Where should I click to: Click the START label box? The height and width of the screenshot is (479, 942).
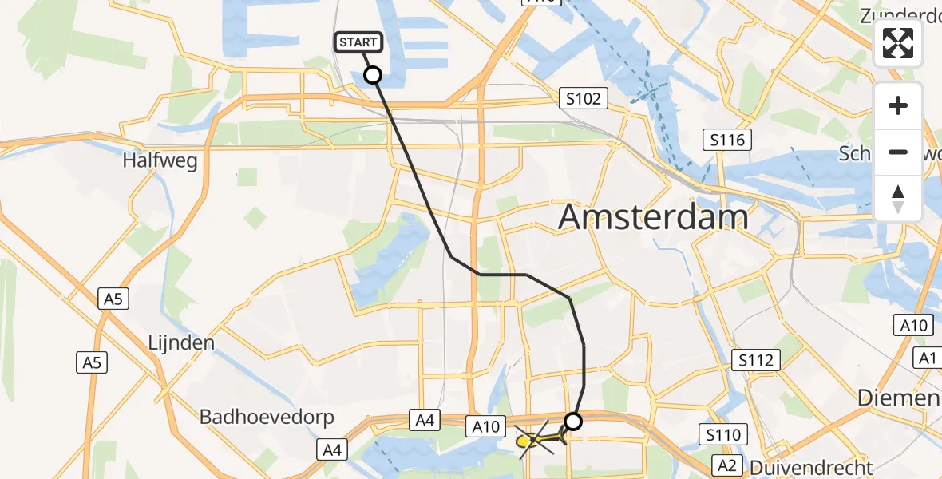click(x=358, y=42)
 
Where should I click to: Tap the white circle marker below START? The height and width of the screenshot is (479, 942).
click(x=373, y=75)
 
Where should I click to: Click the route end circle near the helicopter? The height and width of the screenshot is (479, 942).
click(x=573, y=421)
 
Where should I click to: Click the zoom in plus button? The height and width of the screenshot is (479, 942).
click(x=899, y=105)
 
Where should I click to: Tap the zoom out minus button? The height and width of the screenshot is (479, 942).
click(x=899, y=152)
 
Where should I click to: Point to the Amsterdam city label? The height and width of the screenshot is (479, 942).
click(x=653, y=216)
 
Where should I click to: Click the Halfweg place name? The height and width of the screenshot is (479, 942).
click(x=160, y=160)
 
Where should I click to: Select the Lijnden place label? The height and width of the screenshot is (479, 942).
click(x=181, y=343)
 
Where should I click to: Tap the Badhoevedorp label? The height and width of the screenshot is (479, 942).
click(x=267, y=417)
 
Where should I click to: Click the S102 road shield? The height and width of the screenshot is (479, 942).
click(x=584, y=99)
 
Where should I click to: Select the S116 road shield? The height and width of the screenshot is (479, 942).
click(x=727, y=141)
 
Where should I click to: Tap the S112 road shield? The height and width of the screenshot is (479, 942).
click(x=755, y=360)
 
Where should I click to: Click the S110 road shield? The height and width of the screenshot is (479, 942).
click(x=723, y=435)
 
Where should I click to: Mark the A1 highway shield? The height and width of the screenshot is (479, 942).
click(x=927, y=358)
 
